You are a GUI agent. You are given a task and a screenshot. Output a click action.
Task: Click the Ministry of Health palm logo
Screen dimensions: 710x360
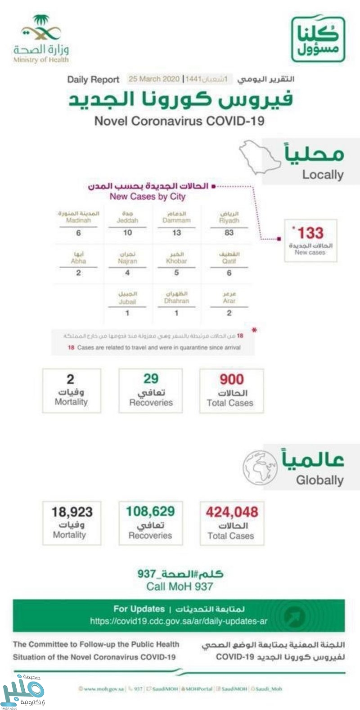tap(41, 29)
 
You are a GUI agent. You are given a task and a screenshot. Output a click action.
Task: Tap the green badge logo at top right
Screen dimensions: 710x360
tap(318, 39)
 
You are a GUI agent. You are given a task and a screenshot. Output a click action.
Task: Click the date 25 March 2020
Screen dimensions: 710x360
tap(154, 79)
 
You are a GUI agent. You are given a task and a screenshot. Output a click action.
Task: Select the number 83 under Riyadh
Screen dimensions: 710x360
tap(229, 233)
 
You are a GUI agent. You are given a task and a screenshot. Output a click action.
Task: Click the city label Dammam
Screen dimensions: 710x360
tap(176, 220)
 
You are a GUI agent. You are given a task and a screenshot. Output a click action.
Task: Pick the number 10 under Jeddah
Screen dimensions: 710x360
tap(127, 233)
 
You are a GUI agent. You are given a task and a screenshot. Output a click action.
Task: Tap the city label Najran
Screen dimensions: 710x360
tap(127, 261)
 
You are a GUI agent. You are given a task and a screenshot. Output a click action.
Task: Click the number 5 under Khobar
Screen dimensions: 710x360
tap(176, 273)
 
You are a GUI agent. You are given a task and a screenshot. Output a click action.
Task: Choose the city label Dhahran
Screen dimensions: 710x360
tap(176, 301)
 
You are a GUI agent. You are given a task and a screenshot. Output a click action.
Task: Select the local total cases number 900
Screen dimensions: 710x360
tap(231, 379)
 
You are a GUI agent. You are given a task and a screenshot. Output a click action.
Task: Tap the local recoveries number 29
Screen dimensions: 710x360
tap(151, 379)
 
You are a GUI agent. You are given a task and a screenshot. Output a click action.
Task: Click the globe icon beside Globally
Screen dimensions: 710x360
tap(261, 468)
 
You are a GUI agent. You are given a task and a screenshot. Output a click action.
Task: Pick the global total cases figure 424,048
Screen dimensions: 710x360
tap(232, 512)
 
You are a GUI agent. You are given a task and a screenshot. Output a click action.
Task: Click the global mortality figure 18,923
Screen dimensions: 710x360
tap(72, 512)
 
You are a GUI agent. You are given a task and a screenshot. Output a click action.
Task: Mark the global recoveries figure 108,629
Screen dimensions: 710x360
tap(150, 512)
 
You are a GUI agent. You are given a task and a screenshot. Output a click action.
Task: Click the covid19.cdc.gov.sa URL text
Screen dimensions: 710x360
tap(179, 621)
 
